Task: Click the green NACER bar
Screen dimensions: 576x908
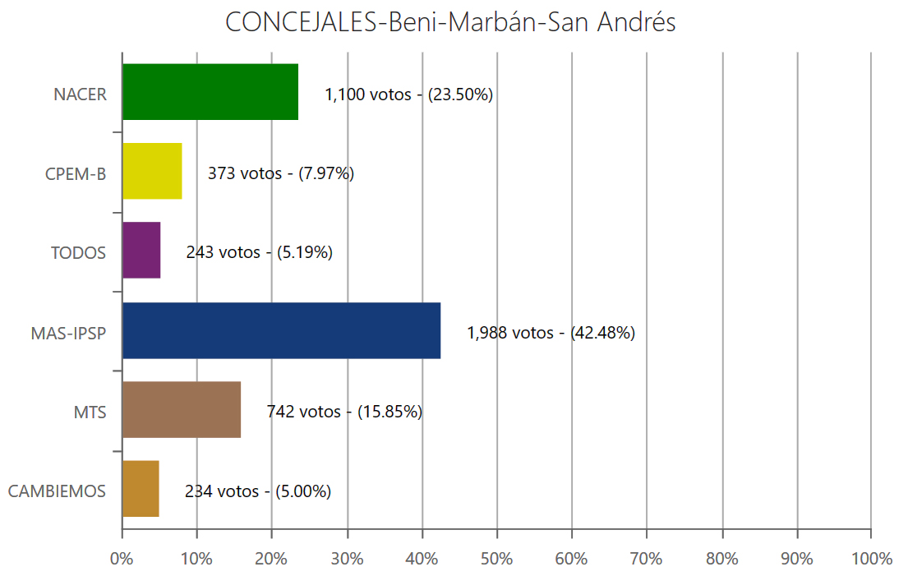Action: point(210,92)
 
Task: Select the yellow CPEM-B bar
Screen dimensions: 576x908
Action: point(152,171)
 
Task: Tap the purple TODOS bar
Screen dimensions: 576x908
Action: point(141,251)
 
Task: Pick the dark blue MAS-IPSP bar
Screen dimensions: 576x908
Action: point(281,330)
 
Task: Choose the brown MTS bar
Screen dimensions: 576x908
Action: point(182,409)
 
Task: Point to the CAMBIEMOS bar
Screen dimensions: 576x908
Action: point(141,489)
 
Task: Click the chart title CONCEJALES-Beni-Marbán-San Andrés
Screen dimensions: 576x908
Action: point(450,22)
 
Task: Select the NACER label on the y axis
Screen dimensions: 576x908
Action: point(80,94)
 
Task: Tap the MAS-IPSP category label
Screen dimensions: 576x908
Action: point(68,334)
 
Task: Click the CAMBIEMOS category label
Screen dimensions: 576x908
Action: point(57,491)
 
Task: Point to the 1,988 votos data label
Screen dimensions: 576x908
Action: point(551,334)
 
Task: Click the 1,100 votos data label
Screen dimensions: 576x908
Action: point(408,94)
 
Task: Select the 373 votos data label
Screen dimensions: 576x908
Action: point(280,173)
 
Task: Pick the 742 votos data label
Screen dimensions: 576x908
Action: point(343,412)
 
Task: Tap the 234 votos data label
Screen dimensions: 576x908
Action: point(257,491)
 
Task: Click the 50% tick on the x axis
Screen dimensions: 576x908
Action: point(496,559)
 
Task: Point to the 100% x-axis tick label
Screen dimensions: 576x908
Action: point(871,559)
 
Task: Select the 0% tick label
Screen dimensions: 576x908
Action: point(122,559)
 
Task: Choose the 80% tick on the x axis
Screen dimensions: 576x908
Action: point(721,559)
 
